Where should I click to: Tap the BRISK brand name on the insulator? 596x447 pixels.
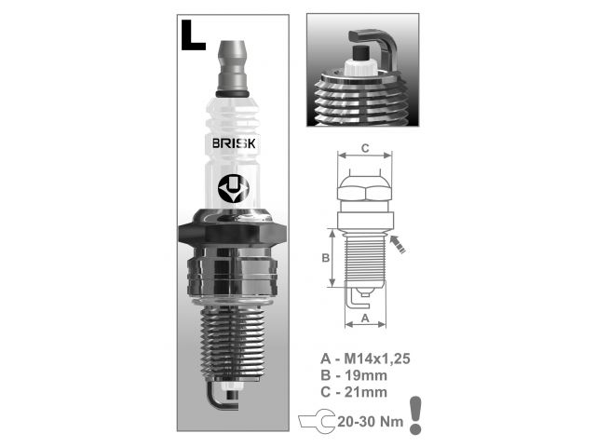click(x=234, y=143)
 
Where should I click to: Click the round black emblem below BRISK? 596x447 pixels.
click(x=234, y=189)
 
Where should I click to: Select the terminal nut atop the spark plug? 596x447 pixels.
click(x=232, y=68)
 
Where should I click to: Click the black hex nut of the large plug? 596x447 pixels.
click(x=232, y=232)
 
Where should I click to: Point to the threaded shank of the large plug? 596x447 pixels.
click(x=232, y=344)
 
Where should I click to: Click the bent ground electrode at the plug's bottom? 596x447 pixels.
click(x=219, y=398)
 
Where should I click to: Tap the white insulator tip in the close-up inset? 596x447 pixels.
click(x=360, y=69)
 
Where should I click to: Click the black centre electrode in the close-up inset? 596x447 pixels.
click(x=361, y=53)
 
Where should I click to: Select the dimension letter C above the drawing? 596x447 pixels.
click(x=365, y=148)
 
